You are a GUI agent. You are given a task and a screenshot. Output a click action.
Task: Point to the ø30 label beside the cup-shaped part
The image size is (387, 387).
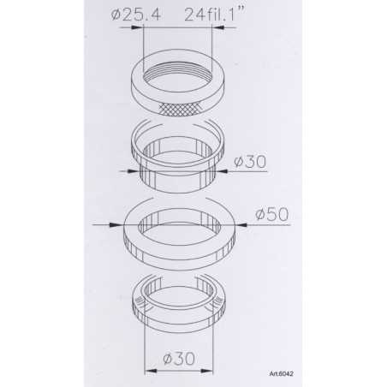click(x=251, y=159)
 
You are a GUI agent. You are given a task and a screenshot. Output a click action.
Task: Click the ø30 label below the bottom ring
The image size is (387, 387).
click(x=181, y=360)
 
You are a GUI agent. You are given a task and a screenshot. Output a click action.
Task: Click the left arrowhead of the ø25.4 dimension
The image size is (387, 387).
click(x=138, y=27)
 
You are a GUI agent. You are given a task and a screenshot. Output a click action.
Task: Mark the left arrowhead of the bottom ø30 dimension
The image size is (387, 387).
click(x=148, y=371)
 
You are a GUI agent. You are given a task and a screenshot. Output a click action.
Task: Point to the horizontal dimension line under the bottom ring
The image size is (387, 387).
click(x=180, y=371)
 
